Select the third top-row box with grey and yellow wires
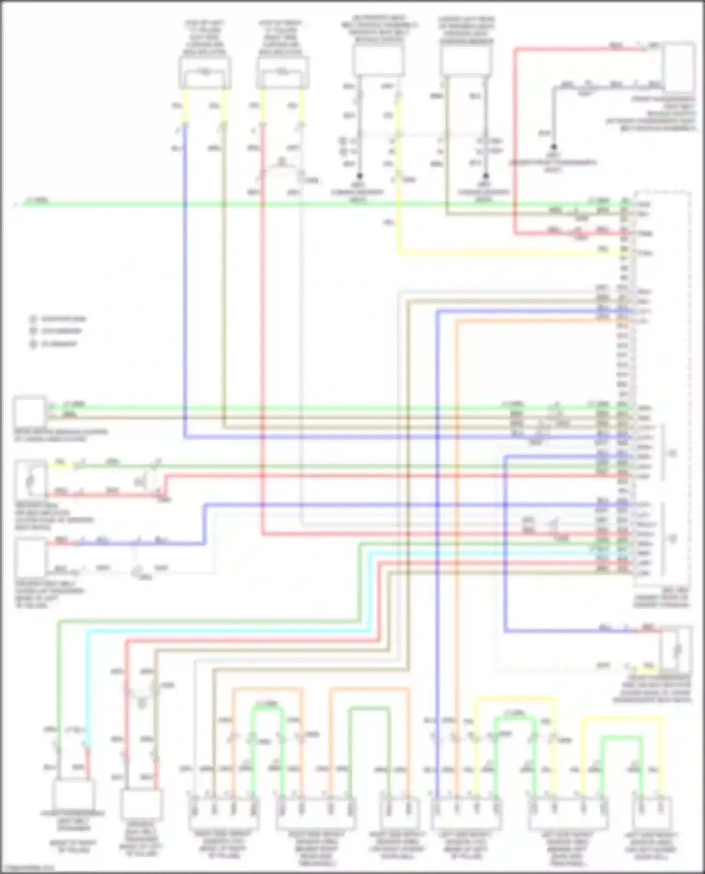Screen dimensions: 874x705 pos(378,61)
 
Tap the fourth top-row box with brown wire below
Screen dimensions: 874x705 pos(466,61)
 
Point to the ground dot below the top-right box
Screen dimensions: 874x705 pos(554,147)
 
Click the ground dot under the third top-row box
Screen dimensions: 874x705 pos(359,176)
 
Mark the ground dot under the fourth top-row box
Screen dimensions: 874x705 pos(486,176)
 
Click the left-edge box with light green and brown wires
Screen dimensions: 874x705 pos(30,411)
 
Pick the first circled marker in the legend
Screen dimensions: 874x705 pos(33,319)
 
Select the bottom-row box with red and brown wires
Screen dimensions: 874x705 pos(141,803)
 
